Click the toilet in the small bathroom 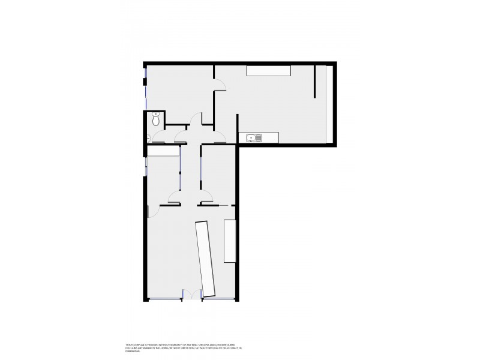156,119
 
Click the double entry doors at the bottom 192,295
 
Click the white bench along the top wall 268,71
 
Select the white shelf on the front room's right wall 230,241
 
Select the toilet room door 160,137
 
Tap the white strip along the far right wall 329,103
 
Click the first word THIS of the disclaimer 128,344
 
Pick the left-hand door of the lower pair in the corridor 175,197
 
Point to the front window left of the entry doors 164,299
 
